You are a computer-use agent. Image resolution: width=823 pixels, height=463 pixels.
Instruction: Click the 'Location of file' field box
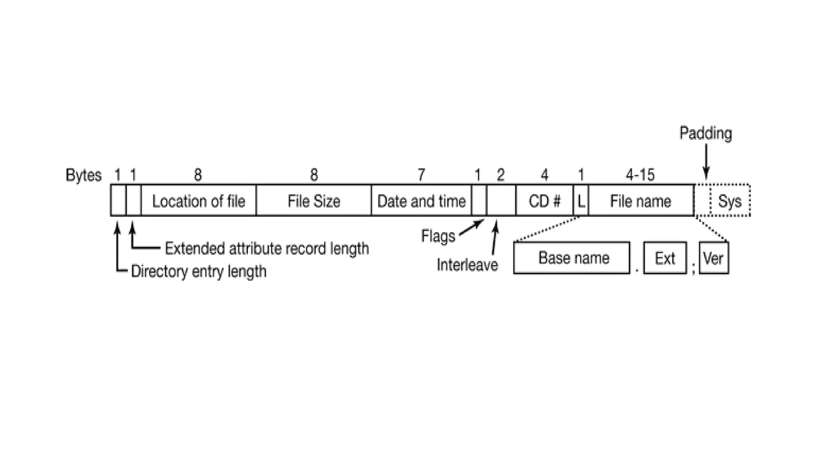coord(199,201)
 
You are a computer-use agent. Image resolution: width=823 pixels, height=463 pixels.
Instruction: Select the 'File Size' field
coord(313,201)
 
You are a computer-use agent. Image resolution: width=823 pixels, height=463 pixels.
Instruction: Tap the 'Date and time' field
coord(421,201)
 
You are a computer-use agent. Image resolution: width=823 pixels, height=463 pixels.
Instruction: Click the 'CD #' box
coord(544,201)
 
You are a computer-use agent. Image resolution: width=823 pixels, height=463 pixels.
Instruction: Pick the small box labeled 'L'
coord(581,201)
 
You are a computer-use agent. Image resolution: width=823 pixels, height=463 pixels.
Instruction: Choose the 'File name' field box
coord(641,201)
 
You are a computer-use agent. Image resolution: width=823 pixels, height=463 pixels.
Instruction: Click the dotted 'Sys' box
coord(730,201)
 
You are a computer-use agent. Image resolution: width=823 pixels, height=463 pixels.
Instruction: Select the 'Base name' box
coord(572,258)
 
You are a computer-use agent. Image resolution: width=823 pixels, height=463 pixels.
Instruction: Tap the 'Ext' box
coord(665,258)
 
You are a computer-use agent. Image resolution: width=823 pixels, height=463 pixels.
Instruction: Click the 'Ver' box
coord(714,258)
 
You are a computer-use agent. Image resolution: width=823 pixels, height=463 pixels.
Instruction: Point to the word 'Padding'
coord(706,133)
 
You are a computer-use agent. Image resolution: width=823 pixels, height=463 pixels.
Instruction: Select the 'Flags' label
coord(438,236)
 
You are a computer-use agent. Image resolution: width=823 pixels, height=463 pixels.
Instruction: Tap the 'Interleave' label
coord(467,265)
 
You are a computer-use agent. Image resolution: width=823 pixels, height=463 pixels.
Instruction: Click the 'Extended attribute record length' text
coord(267,249)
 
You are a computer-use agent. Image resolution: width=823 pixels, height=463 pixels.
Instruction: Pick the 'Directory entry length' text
coord(199,271)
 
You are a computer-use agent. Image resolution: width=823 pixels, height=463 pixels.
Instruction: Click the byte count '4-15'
coord(640,175)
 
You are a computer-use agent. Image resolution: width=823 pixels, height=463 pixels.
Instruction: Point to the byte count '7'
coord(421,175)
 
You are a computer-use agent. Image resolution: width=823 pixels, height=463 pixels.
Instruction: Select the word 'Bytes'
coord(84,175)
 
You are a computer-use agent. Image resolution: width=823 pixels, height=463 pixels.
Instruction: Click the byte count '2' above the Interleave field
coord(500,175)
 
